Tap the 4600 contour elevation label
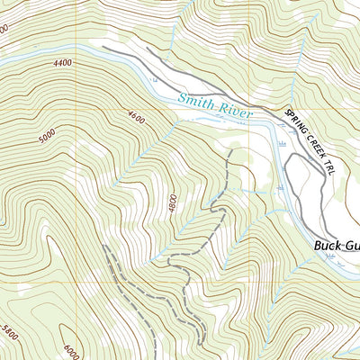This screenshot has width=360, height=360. [136, 116]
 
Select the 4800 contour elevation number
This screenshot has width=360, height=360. [171, 204]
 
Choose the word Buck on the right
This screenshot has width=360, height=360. [328, 244]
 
